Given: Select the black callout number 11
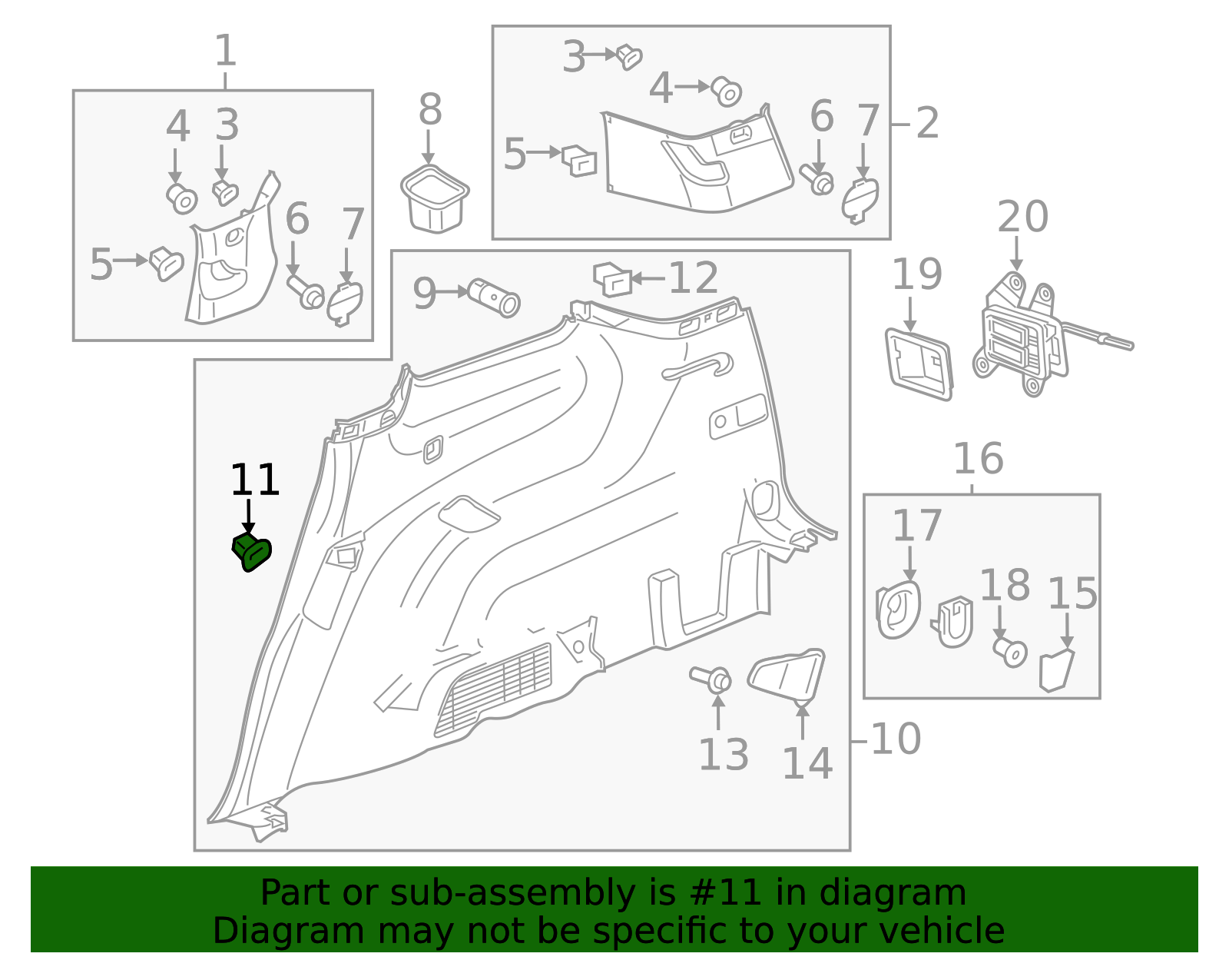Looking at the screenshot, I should click(x=254, y=480).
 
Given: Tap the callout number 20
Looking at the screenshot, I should click(x=1022, y=217).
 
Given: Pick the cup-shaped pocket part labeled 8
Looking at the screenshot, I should click(x=435, y=198).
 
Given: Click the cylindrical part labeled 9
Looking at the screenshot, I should click(x=494, y=297).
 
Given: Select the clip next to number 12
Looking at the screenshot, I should click(x=612, y=278).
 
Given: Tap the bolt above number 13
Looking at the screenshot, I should click(x=711, y=679).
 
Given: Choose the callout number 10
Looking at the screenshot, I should click(x=896, y=739).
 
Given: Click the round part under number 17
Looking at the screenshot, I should click(x=897, y=610).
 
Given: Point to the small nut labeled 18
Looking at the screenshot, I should click(x=1010, y=652).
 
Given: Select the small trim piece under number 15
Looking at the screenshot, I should click(x=1055, y=669).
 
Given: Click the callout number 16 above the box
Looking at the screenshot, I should click(x=978, y=459).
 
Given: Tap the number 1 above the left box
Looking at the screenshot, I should click(x=224, y=51).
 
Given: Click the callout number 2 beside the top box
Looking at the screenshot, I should click(x=927, y=124).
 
